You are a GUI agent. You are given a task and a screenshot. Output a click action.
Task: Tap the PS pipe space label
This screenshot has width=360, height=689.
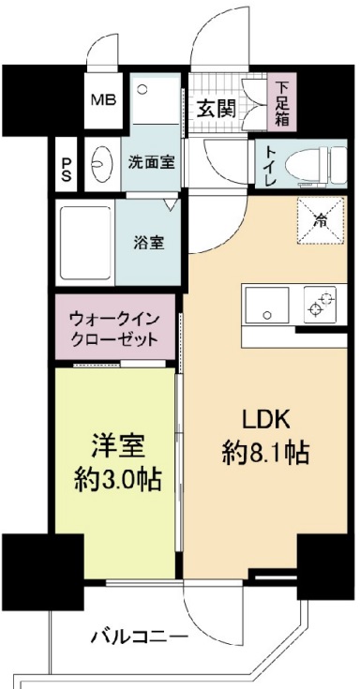(x=66, y=170)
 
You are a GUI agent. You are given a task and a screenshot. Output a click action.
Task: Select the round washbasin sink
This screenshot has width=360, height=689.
(x=100, y=166)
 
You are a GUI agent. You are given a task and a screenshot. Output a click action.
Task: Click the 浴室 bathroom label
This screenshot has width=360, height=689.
(x=150, y=243)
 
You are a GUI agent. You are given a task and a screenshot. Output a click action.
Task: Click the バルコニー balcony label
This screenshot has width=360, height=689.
(x=139, y=637)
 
